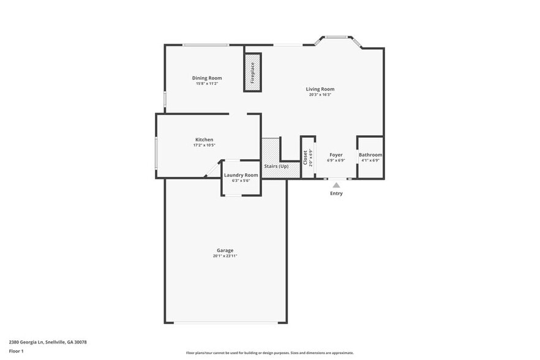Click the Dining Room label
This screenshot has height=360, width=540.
pyautogui.click(x=207, y=78)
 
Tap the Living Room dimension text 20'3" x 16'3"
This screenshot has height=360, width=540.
pyautogui.click(x=320, y=95)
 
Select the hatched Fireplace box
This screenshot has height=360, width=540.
pyautogui.click(x=252, y=72)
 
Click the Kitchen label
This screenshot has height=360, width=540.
pyautogui.click(x=204, y=140)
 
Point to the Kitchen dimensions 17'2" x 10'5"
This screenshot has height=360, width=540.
pyautogui.click(x=204, y=145)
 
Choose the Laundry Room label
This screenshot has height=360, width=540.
pyautogui.click(x=241, y=175)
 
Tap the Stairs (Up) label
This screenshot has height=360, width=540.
pyautogui.click(x=276, y=167)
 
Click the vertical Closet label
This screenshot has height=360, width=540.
pyautogui.click(x=305, y=157)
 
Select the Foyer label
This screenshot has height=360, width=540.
pyautogui.click(x=336, y=155)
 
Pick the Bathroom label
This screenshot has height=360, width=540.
pyautogui.click(x=370, y=155)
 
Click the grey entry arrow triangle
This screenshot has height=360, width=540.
pyautogui.click(x=336, y=184)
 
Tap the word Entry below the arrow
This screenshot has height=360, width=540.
pyautogui.click(x=336, y=193)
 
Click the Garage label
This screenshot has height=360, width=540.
pyautogui.click(x=225, y=250)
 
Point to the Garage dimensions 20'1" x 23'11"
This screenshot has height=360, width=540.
pyautogui.click(x=225, y=256)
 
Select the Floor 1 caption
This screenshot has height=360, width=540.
pyautogui.click(x=16, y=351)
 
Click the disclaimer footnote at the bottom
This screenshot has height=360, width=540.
pyautogui.click(x=269, y=353)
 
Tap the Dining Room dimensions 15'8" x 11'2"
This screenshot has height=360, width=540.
pyautogui.click(x=207, y=84)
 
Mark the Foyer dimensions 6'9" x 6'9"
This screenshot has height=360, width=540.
pyautogui.click(x=336, y=160)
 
